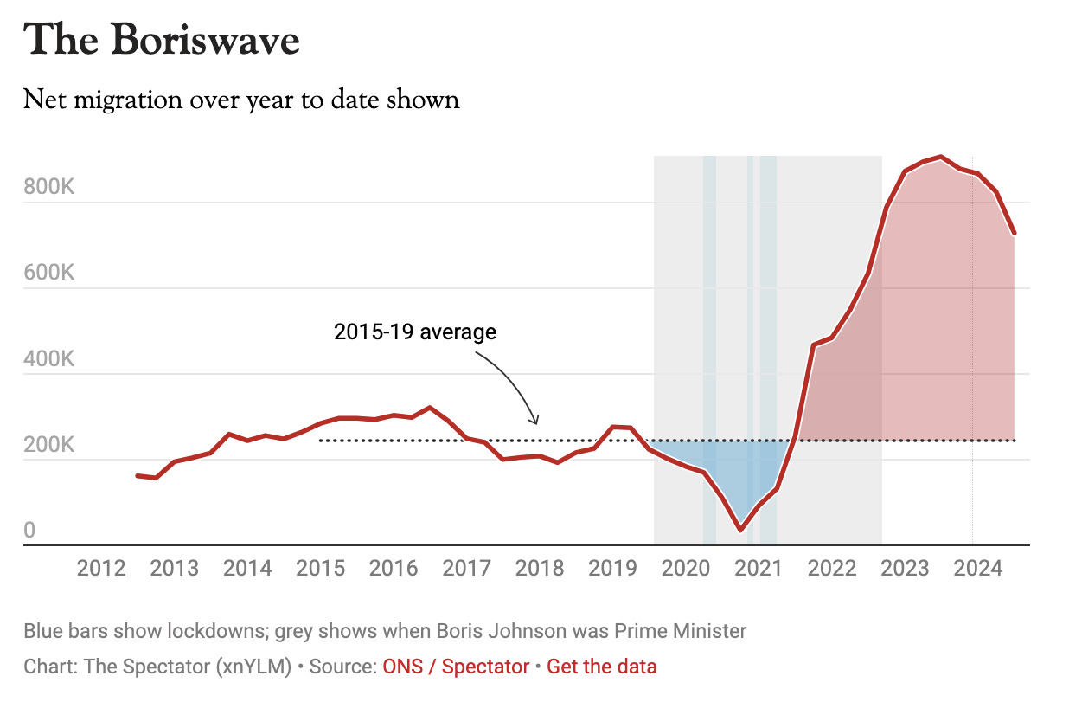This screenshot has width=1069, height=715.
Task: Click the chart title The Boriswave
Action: [162, 41]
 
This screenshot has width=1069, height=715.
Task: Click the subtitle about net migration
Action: [241, 100]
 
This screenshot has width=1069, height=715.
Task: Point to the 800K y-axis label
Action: [49, 187]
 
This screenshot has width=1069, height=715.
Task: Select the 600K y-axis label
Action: [49, 273]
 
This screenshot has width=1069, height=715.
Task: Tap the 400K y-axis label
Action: [49, 359]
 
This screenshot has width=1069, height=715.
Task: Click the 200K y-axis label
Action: [49, 445]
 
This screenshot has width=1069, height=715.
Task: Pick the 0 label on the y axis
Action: [29, 530]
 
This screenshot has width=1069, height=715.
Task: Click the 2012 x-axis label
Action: [101, 569]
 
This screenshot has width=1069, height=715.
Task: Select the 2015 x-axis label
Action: [320, 569]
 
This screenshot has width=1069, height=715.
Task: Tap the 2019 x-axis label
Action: [612, 569]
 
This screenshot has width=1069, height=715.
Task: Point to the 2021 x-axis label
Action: [759, 569]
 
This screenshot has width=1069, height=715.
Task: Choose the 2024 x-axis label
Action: [977, 569]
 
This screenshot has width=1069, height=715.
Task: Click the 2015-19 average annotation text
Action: [415, 332]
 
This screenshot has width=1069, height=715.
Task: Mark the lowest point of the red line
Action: [740, 529]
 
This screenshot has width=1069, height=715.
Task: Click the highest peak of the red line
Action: [941, 157]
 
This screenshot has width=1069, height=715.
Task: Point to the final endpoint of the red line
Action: [1014, 234]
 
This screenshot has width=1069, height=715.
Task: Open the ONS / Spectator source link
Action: [456, 667]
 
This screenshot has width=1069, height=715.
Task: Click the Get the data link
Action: [601, 667]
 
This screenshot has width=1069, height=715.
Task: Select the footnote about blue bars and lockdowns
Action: [385, 630]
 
